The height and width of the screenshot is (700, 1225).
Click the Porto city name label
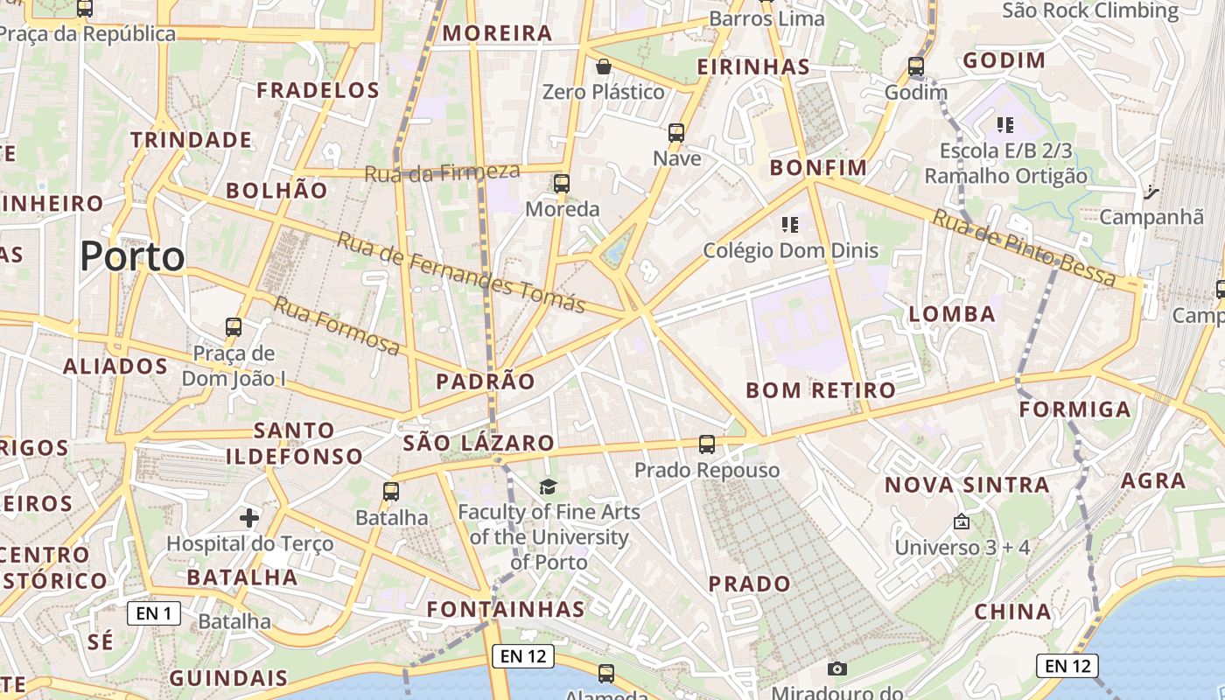click(x=132, y=257)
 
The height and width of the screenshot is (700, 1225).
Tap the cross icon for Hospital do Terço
click(x=249, y=518)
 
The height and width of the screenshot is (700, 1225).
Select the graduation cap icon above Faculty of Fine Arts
click(x=548, y=486)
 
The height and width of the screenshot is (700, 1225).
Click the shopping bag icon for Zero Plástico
click(x=603, y=66)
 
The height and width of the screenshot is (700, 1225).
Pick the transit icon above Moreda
click(x=562, y=184)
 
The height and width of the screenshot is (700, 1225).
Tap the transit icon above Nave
click(x=676, y=133)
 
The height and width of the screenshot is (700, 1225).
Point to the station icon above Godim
click(x=916, y=66)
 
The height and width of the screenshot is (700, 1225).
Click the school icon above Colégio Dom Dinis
click(x=790, y=225)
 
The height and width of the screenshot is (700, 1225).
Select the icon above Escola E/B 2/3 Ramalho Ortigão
click(x=1005, y=125)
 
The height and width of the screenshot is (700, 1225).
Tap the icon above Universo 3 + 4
click(x=962, y=521)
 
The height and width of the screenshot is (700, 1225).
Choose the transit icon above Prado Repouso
click(x=707, y=444)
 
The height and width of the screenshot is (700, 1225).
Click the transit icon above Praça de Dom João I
click(x=234, y=327)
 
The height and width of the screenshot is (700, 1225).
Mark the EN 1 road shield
click(x=154, y=613)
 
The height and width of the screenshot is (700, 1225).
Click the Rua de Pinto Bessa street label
click(x=1024, y=249)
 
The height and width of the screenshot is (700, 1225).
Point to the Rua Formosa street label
click(x=337, y=326)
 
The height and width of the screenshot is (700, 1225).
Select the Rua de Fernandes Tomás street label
click(x=461, y=273)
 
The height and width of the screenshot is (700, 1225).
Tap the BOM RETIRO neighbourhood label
click(x=821, y=390)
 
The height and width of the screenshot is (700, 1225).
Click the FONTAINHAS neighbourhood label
click(x=506, y=609)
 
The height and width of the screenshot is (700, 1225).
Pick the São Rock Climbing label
click(x=1090, y=10)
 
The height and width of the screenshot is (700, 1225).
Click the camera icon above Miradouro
click(x=837, y=669)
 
